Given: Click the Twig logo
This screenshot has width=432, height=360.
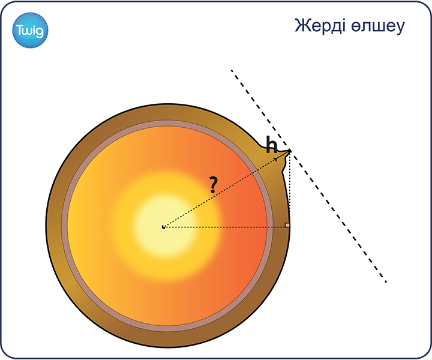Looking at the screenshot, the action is click(x=31, y=30).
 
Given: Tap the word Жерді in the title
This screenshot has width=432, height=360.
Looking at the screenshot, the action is click(x=320, y=26).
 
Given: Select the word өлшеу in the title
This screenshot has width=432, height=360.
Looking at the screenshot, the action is click(x=378, y=26).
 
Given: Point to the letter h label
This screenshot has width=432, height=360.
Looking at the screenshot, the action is click(x=272, y=145).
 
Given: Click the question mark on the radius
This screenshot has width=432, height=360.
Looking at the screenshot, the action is click(x=213, y=185).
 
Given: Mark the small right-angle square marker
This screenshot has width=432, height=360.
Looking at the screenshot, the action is click(x=287, y=225).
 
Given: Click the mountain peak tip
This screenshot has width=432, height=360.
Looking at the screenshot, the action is click(x=290, y=151).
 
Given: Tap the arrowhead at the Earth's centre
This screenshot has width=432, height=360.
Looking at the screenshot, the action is click(x=163, y=227).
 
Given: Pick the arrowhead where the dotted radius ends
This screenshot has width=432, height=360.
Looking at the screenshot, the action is click(x=275, y=159).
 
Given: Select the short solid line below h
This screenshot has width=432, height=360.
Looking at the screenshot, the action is click(x=283, y=155).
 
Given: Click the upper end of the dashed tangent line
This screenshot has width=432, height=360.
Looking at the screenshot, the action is click(x=232, y=70).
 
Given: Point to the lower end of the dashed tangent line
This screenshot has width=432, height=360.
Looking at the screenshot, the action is click(x=386, y=282).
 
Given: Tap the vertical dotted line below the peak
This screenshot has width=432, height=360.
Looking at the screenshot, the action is click(x=290, y=189).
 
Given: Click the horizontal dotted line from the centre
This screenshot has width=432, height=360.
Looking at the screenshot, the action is click(x=226, y=227).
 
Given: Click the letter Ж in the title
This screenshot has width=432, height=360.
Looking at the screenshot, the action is click(x=301, y=25).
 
